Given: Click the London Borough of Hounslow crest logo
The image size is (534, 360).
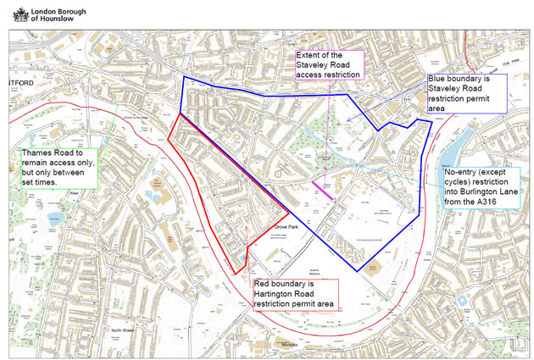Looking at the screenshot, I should pos(13,14).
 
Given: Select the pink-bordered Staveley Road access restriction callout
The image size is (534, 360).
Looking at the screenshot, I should pos(327,65).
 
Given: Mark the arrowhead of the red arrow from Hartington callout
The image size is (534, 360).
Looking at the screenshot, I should pos(245,225).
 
